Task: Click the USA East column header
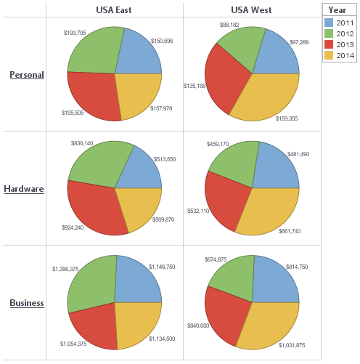(x=114, y=9)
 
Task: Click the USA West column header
(x=251, y=9)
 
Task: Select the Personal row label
(x=26, y=75)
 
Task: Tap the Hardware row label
(x=24, y=189)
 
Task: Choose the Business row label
(x=26, y=303)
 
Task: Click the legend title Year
(x=337, y=9)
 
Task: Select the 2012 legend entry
(x=345, y=33)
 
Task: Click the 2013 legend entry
(x=345, y=44)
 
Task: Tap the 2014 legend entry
(x=345, y=55)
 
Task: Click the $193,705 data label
(x=75, y=33)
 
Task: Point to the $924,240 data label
(x=73, y=227)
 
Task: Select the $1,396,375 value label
(x=66, y=269)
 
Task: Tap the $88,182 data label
(x=229, y=25)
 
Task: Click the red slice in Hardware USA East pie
(x=94, y=207)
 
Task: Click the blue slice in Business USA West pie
(x=274, y=280)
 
